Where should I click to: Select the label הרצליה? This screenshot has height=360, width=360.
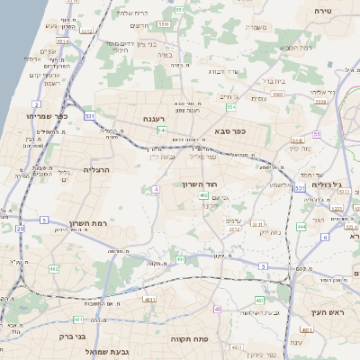(x=96, y=169)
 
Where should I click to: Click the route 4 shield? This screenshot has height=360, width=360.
(x=156, y=189)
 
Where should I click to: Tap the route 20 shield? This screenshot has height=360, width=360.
(x=20, y=229)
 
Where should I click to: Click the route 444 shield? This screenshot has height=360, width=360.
(x=301, y=227)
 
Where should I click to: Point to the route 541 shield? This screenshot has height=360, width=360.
(x=161, y=130)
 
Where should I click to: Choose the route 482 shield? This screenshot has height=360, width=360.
(x=54, y=269)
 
